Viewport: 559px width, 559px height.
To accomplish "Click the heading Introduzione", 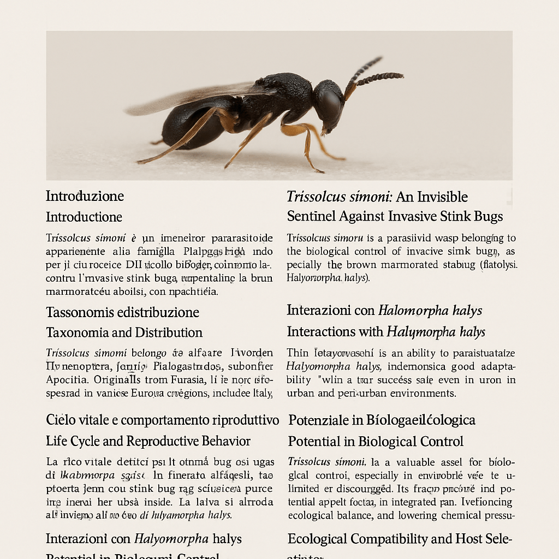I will point(85,196).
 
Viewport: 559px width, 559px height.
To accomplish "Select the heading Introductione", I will point(84,217).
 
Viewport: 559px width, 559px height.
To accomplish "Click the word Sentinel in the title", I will point(311,217).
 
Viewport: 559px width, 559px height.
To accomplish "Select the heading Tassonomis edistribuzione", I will point(122,312).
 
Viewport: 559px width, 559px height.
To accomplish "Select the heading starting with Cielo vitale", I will point(162,420).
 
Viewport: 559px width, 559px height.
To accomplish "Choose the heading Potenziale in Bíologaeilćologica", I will point(382,420).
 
